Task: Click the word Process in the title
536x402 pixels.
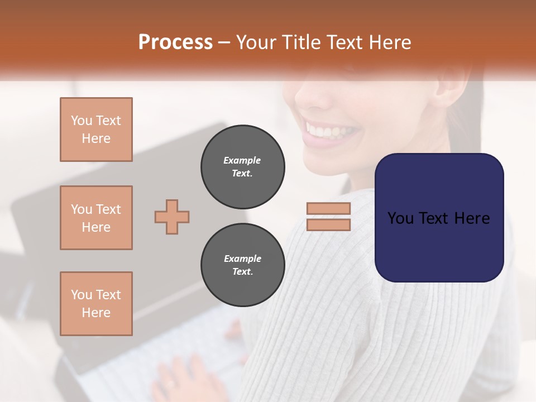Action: [x=175, y=42]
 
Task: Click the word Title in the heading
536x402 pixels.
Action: [x=297, y=42]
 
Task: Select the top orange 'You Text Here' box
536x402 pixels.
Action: [x=96, y=130]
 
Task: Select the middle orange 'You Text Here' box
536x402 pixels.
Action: [x=96, y=218]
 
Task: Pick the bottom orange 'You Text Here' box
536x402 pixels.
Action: [x=96, y=304]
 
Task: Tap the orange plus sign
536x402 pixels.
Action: [x=172, y=217]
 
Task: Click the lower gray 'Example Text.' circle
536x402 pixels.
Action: [x=242, y=265]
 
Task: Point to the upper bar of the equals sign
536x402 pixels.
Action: [x=328, y=208]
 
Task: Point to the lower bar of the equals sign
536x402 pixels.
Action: [x=328, y=224]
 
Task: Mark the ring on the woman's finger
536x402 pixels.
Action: [x=169, y=384]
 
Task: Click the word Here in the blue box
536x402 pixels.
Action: [x=472, y=218]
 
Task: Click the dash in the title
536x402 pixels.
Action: [x=224, y=43]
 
